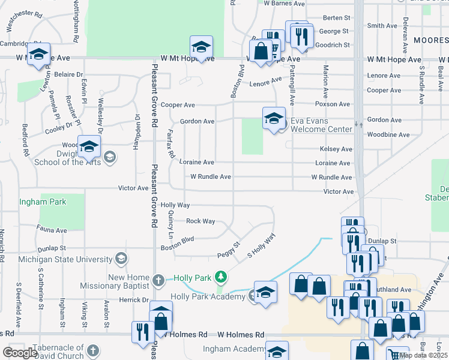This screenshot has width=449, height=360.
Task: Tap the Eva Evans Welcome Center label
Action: [x=321, y=124]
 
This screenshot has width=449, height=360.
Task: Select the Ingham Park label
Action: [x=43, y=202]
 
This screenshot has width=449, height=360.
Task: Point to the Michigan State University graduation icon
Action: [x=121, y=259]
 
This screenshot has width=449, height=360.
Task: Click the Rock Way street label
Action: [x=200, y=221]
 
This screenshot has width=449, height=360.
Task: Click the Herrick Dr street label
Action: [x=133, y=299]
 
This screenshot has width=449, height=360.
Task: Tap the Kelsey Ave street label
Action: [x=336, y=149]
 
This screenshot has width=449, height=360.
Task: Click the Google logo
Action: [x=20, y=353]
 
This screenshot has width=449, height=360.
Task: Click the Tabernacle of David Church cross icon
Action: [x=93, y=350]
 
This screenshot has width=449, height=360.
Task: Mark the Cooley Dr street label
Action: [x=58, y=126]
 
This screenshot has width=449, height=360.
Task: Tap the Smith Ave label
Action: [x=382, y=26]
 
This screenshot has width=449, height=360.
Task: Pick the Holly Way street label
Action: [x=175, y=205]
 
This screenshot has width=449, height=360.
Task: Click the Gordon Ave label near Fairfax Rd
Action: [x=197, y=121]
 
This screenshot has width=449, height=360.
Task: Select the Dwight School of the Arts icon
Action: [x=109, y=157]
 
